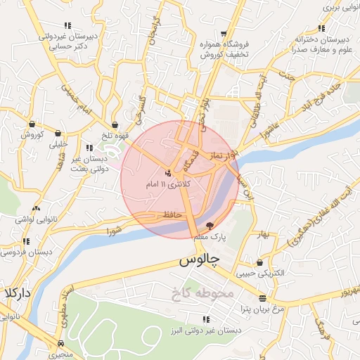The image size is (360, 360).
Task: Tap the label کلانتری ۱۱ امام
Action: click(167, 184)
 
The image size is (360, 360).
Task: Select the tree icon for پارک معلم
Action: click(210, 226)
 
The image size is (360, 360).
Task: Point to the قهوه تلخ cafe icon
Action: click(115, 125)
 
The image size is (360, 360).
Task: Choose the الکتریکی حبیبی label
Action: click(260, 271)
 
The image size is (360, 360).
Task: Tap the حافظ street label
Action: click(172, 213)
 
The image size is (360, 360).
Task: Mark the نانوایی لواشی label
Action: click(30, 219)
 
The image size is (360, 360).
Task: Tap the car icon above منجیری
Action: click(61, 344)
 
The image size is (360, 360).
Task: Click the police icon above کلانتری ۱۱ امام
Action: click(167, 173)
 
